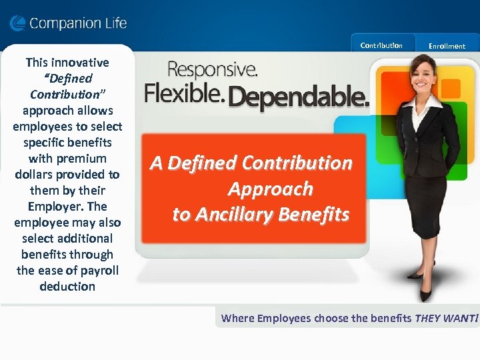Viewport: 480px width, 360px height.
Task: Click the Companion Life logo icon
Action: pyautogui.click(x=17, y=24)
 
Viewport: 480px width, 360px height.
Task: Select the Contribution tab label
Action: pyautogui.click(x=381, y=45)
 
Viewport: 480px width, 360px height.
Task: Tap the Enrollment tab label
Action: pyautogui.click(x=447, y=46)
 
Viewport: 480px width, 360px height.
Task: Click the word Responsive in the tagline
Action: pyautogui.click(x=213, y=69)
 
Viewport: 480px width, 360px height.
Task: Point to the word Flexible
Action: pyautogui.click(x=183, y=93)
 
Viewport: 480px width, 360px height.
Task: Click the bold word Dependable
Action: pyautogui.click(x=299, y=98)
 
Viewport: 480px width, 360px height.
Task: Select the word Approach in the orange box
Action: pyautogui.click(x=270, y=189)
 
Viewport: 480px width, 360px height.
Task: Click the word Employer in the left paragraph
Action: pyautogui.click(x=51, y=206)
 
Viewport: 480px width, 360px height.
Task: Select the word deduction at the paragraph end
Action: pyautogui.click(x=67, y=286)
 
